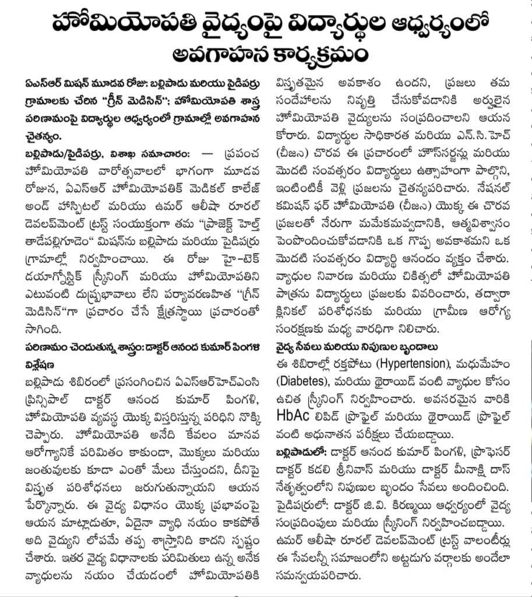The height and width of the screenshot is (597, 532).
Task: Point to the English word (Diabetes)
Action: tap(300, 382)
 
